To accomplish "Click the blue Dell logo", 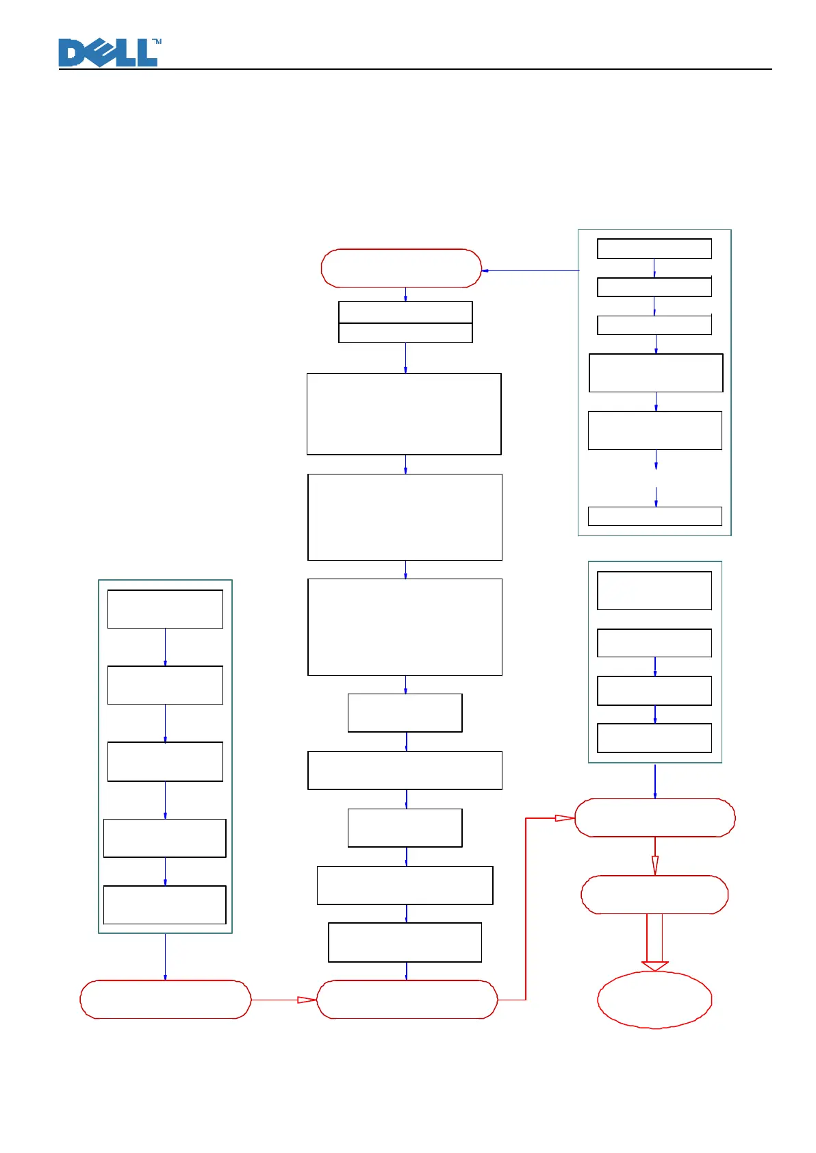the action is pos(108,53).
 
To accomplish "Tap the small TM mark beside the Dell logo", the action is pos(157,42).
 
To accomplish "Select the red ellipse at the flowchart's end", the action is pos(654,1000).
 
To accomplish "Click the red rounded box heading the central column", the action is pos(401,268).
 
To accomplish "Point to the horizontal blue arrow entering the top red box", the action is pos(531,270).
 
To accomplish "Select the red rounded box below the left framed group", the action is pos(166,1000).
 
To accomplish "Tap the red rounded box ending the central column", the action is pos(407,1000).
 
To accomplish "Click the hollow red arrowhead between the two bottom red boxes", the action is pos(306,1000).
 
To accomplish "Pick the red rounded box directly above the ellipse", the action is pos(654,894).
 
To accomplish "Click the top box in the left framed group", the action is pos(165,609).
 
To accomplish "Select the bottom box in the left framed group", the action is pos(164,904).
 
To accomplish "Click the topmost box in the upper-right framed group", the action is pos(654,249).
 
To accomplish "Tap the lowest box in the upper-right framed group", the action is pos(654,516).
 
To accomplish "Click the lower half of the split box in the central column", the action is pos(405,333).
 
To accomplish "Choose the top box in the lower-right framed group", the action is pos(654,590).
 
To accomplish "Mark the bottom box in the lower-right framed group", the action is pos(654,737).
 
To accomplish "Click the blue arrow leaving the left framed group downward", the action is pos(165,956).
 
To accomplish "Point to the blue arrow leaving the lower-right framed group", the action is pos(654,781).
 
